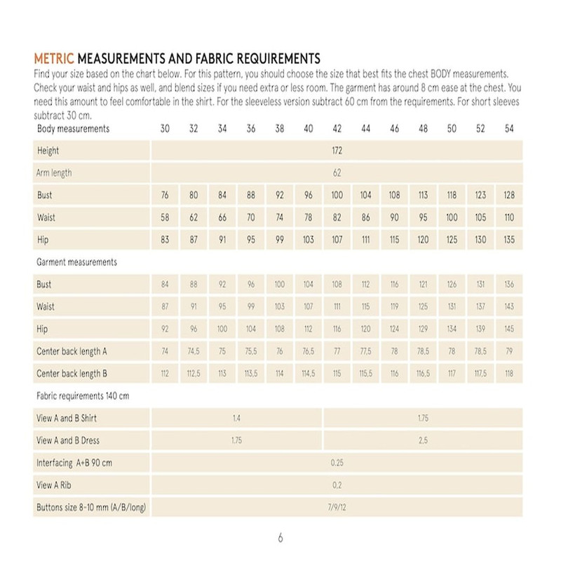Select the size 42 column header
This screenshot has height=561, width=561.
coord(337,129)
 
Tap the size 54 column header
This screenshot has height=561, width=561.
coord(509,129)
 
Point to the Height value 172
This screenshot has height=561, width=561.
coord(337,151)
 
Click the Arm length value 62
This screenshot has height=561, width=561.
coord(337,173)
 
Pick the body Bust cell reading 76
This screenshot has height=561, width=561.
coord(165,195)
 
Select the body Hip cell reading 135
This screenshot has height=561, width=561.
coord(509,239)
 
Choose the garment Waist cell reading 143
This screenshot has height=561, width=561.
coord(509,306)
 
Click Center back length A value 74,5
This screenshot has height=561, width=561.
coord(194,351)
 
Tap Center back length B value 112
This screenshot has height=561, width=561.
coord(165,374)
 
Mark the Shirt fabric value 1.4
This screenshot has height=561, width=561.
coord(236,418)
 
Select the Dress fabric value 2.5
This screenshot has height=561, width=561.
coord(423,440)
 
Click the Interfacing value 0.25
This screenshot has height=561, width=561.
coord(337,463)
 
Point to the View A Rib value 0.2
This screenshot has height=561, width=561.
coord(337,485)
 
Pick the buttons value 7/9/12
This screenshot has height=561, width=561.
coord(337,506)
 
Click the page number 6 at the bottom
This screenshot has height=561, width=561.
coord(280,539)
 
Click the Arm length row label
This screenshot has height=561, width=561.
coord(54,173)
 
